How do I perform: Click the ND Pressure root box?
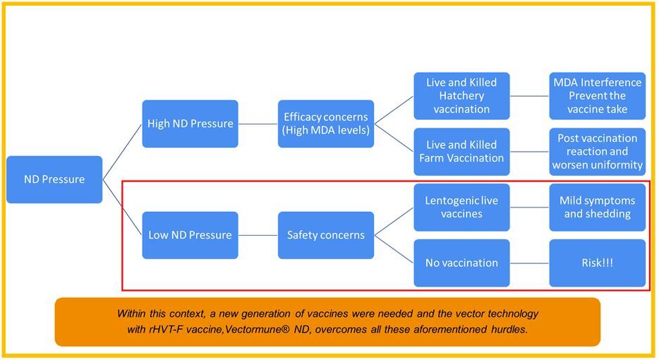54,179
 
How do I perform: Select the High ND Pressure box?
190,124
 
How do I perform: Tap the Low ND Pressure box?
190,235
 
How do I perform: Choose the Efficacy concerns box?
325,124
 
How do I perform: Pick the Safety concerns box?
325,235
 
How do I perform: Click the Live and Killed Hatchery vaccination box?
461,96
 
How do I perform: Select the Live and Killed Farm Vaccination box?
461,151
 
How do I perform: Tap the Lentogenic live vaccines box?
461,207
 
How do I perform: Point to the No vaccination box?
461,263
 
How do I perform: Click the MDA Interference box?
597,96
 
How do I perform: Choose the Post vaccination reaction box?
597,151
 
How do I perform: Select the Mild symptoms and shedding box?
597,207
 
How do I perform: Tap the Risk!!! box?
597,263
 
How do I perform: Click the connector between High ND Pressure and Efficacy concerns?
258,124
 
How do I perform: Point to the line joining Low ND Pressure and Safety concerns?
258,235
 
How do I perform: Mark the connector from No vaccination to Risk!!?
529,263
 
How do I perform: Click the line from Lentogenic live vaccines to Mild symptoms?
529,207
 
